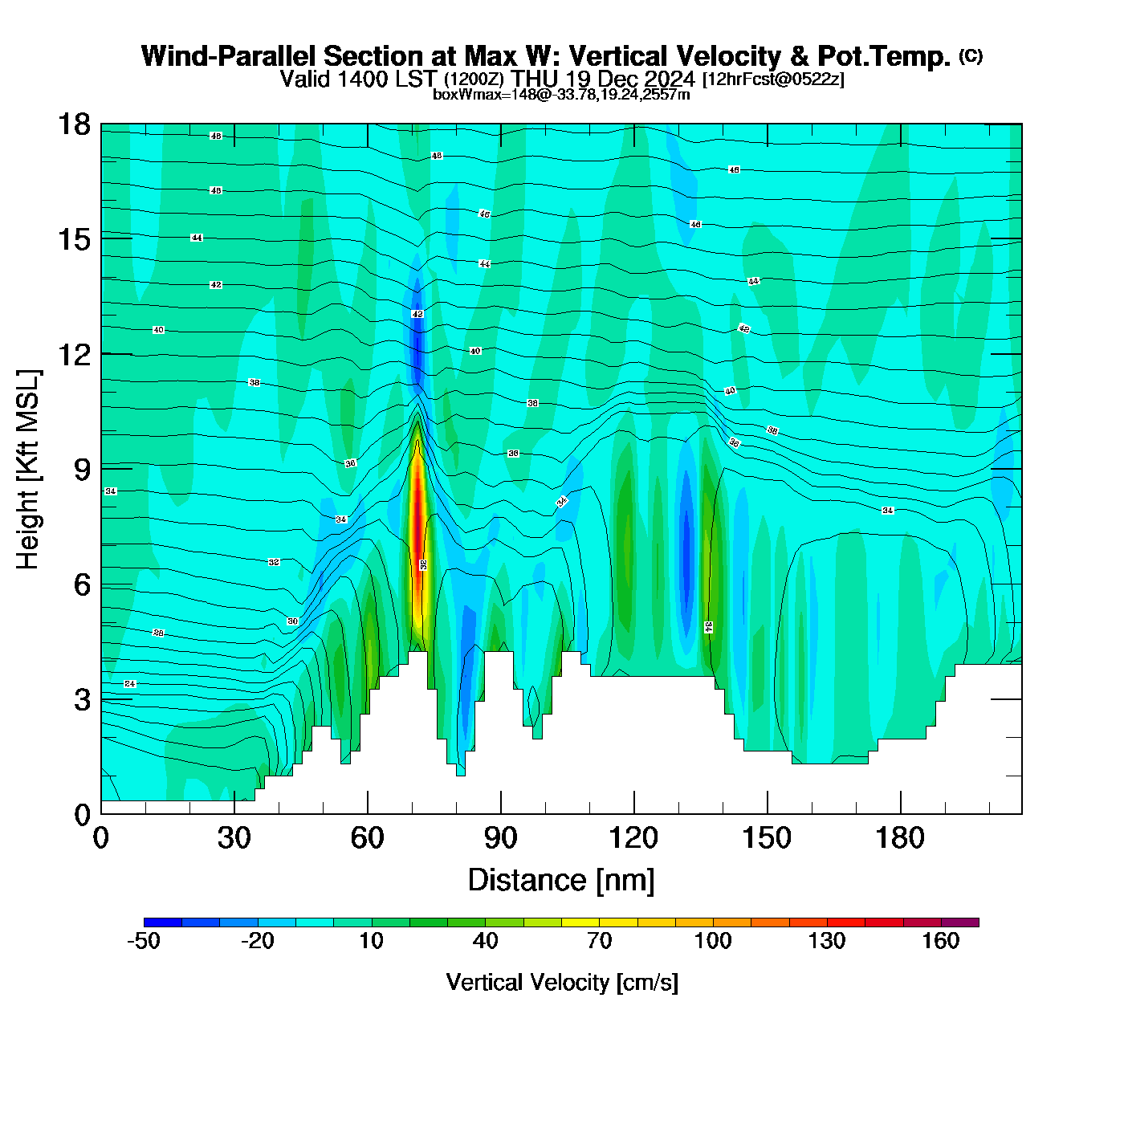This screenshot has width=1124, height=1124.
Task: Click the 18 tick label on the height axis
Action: coord(74,124)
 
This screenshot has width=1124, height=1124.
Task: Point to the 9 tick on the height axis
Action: coord(101,469)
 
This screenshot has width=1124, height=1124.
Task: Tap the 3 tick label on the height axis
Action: coord(83,699)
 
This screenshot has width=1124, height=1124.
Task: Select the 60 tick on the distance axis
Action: coord(368,813)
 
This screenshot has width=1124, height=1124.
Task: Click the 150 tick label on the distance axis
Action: coord(767,838)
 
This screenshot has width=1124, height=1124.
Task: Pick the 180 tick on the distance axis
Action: coord(900,813)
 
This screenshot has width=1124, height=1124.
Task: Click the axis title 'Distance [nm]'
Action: coord(561,880)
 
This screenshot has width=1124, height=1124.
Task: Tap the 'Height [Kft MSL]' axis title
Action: coord(28,470)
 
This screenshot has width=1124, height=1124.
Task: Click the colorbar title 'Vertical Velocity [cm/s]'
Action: coord(562,982)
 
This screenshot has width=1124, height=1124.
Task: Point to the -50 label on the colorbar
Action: coord(144,941)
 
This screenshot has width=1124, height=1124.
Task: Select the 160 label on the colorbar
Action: coord(941,941)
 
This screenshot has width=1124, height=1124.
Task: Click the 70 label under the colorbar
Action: coord(599,941)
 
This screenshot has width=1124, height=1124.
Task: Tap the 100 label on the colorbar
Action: coord(713,941)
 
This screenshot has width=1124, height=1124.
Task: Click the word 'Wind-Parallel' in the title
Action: coord(229,56)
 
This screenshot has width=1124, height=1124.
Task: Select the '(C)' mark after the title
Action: coord(971,55)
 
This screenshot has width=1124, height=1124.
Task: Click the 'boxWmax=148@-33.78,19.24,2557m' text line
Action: coord(561,95)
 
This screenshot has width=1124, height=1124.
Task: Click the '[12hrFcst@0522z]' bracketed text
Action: coord(773,79)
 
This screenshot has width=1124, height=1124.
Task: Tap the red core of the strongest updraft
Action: coord(417,530)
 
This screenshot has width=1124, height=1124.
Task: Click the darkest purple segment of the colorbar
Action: coord(960,922)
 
